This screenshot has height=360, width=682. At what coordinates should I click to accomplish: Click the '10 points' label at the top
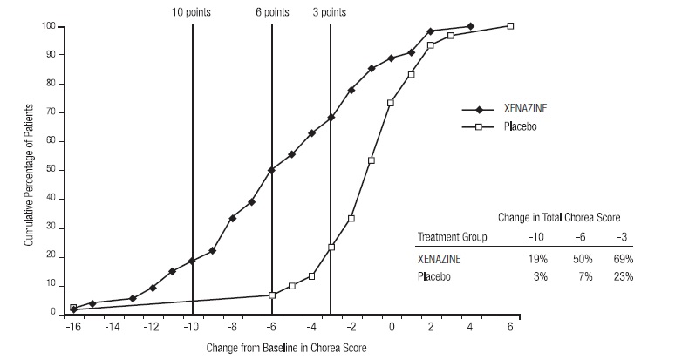[x=192, y=12]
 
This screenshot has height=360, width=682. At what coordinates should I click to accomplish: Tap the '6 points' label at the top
[x=272, y=12]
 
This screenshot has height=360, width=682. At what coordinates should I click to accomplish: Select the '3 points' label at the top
[x=331, y=12]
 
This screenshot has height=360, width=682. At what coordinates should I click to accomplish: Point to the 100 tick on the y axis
[x=50, y=27]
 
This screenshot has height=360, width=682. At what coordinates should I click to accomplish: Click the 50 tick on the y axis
[x=52, y=170]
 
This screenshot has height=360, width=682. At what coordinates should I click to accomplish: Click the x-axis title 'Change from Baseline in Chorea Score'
[x=287, y=348]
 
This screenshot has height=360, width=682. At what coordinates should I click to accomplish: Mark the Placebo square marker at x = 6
[x=511, y=26]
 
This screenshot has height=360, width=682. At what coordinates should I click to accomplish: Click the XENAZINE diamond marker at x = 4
[x=471, y=26]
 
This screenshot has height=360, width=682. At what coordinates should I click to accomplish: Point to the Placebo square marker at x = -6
[x=272, y=295]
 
